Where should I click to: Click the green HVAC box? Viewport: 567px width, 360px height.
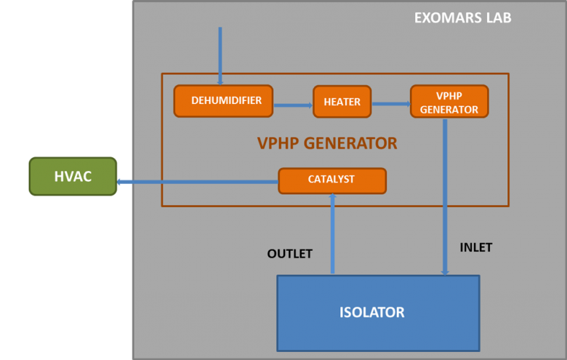pyautogui.click(x=73, y=177)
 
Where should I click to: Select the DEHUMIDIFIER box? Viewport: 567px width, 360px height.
pyautogui.click(x=222, y=100)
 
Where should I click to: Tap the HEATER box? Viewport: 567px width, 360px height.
pyautogui.click(x=342, y=102)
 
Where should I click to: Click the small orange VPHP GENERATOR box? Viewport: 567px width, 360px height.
pyautogui.click(x=448, y=102)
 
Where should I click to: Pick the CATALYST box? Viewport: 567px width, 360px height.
pyautogui.click(x=331, y=180)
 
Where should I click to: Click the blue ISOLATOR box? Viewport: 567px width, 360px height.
pyautogui.click(x=377, y=313)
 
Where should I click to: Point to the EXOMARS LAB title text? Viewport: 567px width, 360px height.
pyautogui.click(x=462, y=17)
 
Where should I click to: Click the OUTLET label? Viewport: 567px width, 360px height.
pyautogui.click(x=289, y=254)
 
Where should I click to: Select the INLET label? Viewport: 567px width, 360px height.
pyautogui.click(x=476, y=247)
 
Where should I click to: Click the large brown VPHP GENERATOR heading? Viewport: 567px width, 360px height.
pyautogui.click(x=327, y=143)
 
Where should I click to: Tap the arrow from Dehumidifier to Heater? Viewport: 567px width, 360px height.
pyautogui.click(x=293, y=105)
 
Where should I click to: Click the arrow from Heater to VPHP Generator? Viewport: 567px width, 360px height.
pyautogui.click(x=391, y=103)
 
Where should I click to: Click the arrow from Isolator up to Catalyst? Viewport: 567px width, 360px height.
pyautogui.click(x=332, y=233)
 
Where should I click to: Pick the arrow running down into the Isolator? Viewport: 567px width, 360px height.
pyautogui.click(x=444, y=196)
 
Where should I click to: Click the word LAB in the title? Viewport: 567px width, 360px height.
pyautogui.click(x=498, y=17)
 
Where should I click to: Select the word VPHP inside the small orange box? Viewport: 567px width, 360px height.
pyautogui.click(x=448, y=95)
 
